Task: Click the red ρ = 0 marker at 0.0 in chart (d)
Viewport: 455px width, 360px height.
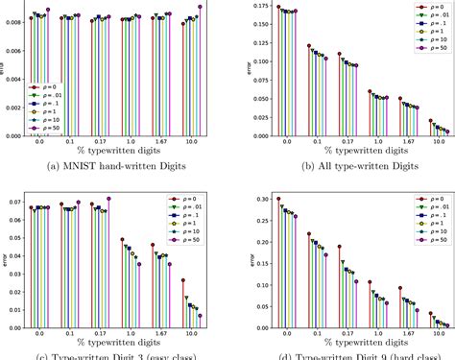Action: click(278, 199)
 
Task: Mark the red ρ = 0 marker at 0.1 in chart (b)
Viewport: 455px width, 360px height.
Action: click(309, 45)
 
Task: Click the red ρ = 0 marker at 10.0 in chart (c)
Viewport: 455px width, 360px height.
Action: click(184, 280)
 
